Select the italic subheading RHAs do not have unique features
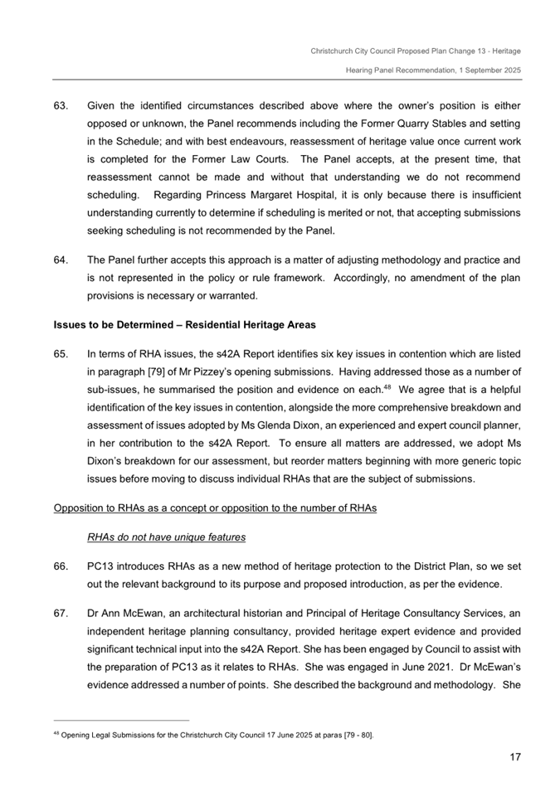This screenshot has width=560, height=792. (x=166, y=537)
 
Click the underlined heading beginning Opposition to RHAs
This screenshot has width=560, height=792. (x=214, y=508)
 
